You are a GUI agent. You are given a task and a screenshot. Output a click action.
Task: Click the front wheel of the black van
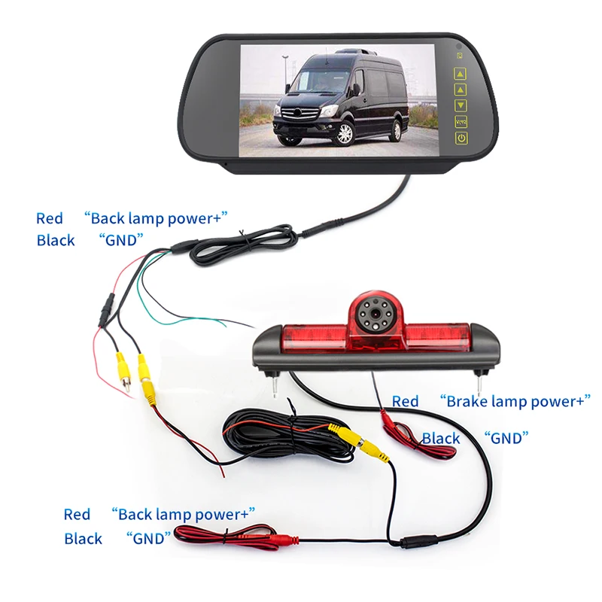coord(345,133)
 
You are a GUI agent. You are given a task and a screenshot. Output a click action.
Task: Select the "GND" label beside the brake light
coord(506,437)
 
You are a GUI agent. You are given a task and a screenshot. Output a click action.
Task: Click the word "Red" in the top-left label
coord(50,218)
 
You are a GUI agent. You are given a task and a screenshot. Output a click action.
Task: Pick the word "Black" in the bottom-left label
coord(83,539)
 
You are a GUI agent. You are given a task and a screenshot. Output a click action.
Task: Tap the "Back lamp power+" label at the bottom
coord(184,515)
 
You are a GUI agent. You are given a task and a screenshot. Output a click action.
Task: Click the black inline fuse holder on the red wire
coord(106,309)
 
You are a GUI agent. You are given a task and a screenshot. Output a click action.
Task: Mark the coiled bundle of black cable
coord(286,437)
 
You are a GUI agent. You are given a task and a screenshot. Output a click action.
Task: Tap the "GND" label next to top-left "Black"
coord(120,240)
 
